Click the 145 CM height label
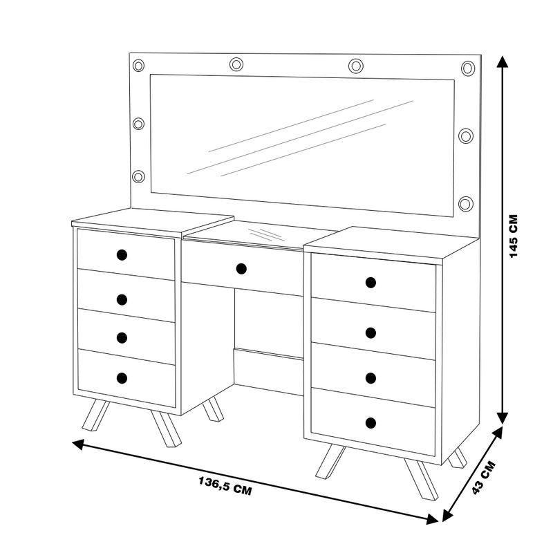coord(514,236)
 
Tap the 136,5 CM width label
coord(225,486)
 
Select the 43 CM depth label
coord(483,478)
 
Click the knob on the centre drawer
coord(241,269)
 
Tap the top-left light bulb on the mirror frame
coord(139,65)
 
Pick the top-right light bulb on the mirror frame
coord(468,68)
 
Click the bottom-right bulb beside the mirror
coord(466,203)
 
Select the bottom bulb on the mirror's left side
coord(139,176)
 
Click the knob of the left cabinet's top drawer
coord(122,255)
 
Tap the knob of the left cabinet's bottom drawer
coord(122,378)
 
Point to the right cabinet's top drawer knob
coord(371,283)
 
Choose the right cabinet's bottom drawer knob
coord(371,423)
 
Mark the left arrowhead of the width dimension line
coord(78,444)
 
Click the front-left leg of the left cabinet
coord(95,415)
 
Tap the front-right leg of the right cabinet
coord(422,478)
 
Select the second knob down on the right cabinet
coord(371,332)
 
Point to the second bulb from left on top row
coord(236,64)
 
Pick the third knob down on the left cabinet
coord(122,337)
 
